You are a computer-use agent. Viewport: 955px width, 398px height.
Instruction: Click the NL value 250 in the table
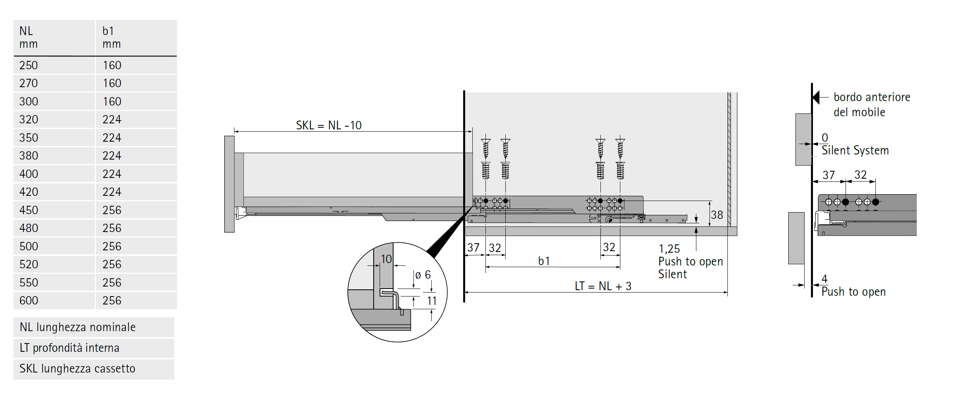coord(29,65)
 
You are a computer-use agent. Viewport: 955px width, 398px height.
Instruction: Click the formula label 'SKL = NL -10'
coord(329,125)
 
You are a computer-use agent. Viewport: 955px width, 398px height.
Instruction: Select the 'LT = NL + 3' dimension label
coord(603,286)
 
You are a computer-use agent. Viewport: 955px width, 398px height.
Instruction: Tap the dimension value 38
coord(717,215)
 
